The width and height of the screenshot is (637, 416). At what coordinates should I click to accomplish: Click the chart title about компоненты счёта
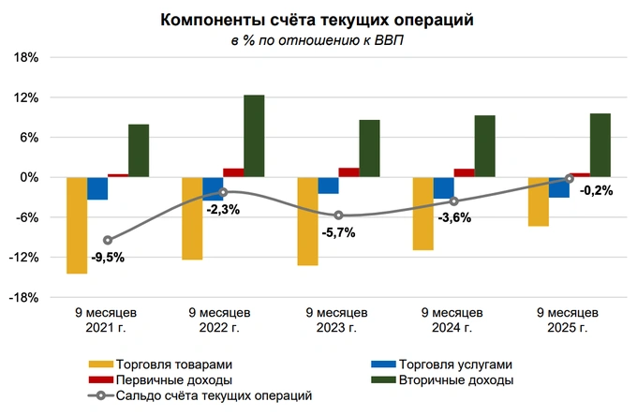[318, 20]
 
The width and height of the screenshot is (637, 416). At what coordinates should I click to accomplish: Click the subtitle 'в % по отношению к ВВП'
[318, 40]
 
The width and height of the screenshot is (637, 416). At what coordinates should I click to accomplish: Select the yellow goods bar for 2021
[76, 225]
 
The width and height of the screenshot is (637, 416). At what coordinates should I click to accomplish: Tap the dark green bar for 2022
[254, 136]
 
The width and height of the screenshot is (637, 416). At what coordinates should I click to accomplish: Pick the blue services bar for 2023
[328, 185]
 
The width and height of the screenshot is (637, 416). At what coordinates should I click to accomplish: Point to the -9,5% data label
[107, 257]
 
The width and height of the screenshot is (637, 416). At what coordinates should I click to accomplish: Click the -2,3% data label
[222, 210]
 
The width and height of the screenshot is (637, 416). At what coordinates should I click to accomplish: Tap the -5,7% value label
[338, 233]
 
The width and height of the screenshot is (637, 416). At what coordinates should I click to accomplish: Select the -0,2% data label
[597, 190]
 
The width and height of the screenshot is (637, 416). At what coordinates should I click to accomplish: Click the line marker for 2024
[454, 201]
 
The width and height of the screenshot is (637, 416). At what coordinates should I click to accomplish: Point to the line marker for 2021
[108, 240]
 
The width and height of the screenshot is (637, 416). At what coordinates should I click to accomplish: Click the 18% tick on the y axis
[26, 57]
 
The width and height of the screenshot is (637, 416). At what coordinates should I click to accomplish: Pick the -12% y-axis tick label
[24, 258]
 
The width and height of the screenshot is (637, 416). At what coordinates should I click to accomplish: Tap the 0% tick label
[30, 177]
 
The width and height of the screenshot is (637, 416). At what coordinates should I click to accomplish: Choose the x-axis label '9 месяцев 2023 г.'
[337, 319]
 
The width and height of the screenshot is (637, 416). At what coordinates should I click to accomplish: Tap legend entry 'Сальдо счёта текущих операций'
[213, 396]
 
